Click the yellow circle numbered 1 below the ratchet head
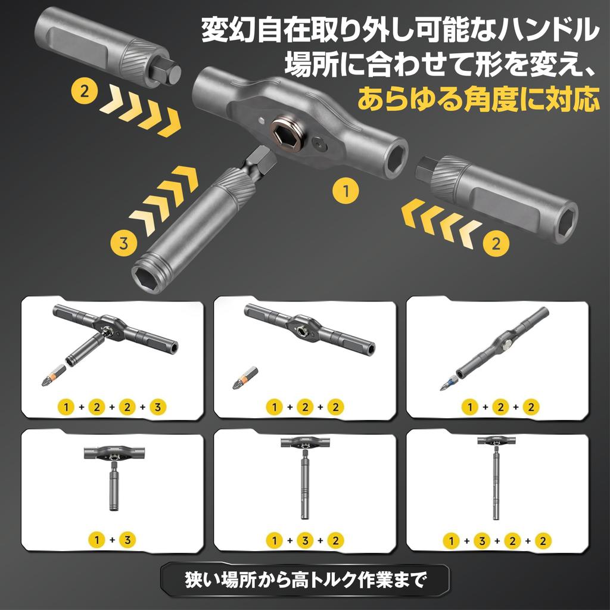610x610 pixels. point(345,192)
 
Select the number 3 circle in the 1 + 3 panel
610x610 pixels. point(127,540)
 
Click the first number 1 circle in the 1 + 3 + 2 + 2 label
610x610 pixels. point(452,541)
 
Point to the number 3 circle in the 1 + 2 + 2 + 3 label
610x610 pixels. point(157,407)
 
